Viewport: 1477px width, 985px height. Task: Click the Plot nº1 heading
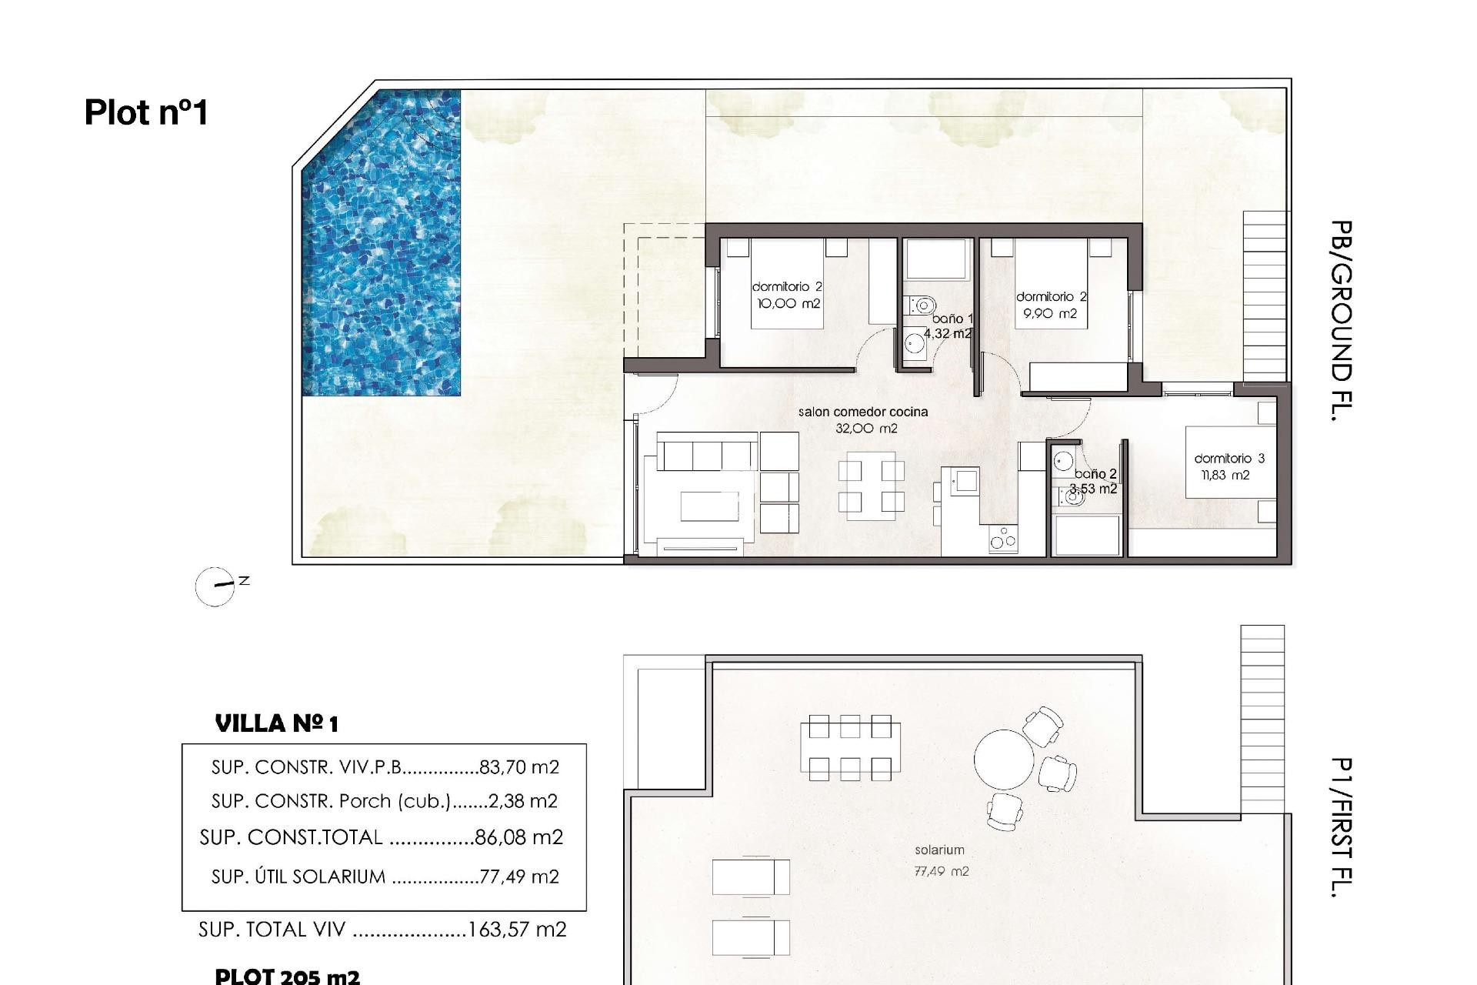click(x=146, y=112)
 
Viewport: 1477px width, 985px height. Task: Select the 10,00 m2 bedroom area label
click(x=789, y=304)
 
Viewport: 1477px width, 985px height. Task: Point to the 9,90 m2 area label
click(x=1049, y=314)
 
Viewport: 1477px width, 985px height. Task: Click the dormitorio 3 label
click(x=1229, y=459)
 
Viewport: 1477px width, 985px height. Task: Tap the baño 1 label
click(x=952, y=319)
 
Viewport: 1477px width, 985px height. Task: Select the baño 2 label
click(x=1095, y=474)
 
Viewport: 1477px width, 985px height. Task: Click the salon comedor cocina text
click(x=862, y=412)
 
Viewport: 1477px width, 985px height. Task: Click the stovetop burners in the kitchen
click(x=1002, y=539)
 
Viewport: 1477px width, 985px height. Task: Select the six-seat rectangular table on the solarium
click(x=849, y=747)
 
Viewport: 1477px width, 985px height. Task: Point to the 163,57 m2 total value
click(x=516, y=930)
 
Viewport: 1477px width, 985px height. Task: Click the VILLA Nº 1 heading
click(x=276, y=723)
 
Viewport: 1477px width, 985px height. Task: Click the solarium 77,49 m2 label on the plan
click(x=940, y=860)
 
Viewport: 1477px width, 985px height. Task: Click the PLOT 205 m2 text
click(x=286, y=976)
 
